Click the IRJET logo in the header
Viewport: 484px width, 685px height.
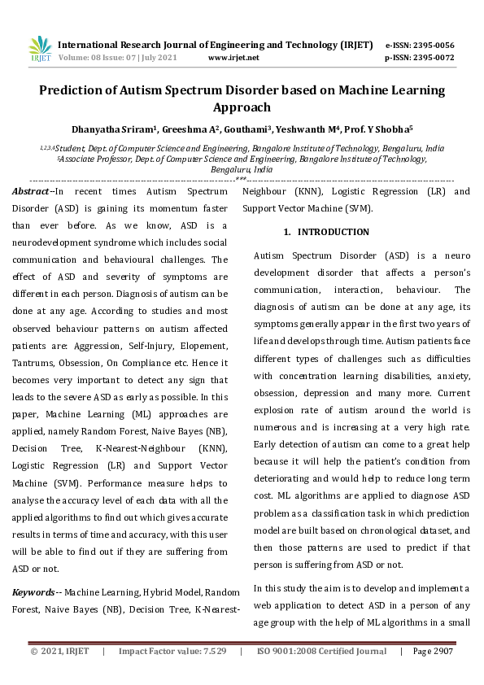pyautogui.click(x=40, y=49)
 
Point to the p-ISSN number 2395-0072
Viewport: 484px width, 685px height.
pyautogui.click(x=435, y=58)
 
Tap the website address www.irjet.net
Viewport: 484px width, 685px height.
pyautogui.click(x=233, y=58)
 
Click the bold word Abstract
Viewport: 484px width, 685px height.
pyautogui.click(x=30, y=191)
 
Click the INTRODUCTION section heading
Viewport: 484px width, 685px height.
pyautogui.click(x=333, y=233)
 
